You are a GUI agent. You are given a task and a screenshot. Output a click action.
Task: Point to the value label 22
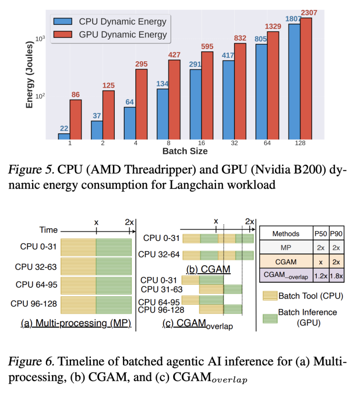click(64, 128)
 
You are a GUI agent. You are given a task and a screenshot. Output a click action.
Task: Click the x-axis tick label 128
click(300, 143)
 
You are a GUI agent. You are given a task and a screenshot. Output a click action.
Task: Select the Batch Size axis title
click(185, 151)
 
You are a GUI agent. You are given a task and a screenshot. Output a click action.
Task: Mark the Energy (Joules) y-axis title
click(30, 72)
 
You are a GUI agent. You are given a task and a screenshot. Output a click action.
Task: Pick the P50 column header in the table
click(321, 234)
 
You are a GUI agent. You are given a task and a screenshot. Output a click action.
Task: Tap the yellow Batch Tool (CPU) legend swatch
click(269, 296)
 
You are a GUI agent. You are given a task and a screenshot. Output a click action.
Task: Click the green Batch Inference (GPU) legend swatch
click(269, 317)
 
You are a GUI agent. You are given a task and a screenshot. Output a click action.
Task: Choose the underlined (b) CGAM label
click(208, 269)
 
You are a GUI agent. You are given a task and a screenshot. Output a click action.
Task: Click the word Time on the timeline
click(48, 230)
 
